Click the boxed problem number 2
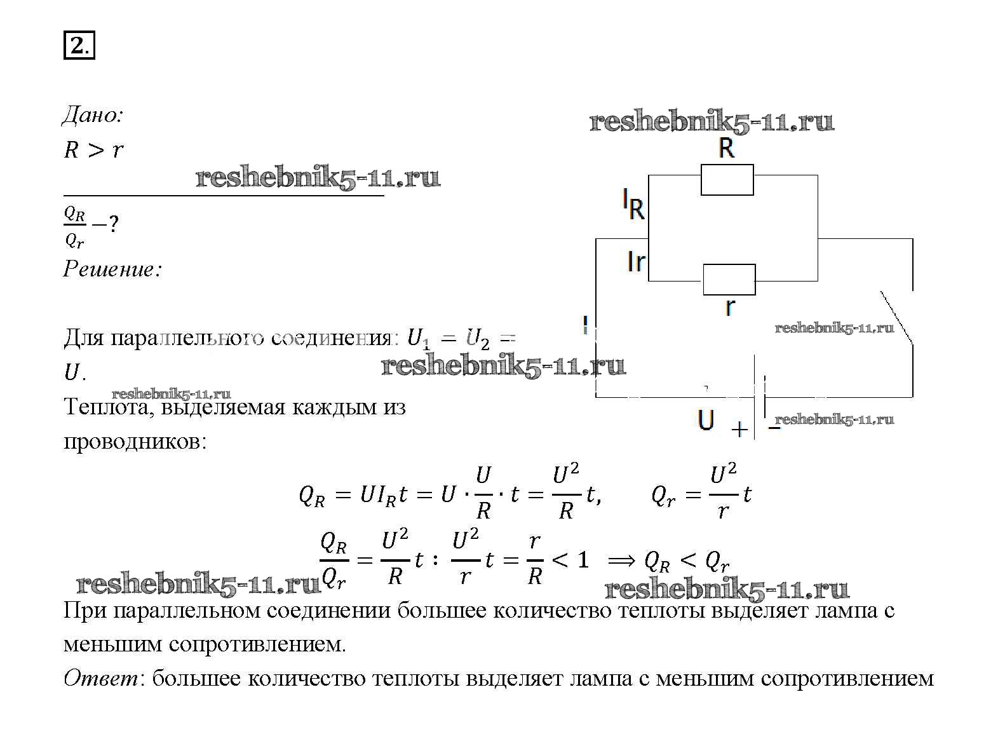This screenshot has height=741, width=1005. coord(79,46)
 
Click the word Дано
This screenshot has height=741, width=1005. coord(92,115)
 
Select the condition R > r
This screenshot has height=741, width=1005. coord(93,150)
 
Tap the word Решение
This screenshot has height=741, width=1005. coord(112,269)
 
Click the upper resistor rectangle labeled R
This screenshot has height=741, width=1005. coord(727,180)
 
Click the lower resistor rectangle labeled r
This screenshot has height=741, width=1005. coord(729,280)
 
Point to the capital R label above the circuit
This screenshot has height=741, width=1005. coord(726,148)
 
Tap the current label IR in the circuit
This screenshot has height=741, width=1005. coord(633,205)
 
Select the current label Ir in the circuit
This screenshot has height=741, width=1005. coord(636,261)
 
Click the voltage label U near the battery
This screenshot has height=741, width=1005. coord(706,420)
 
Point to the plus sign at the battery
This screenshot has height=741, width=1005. coord(739,430)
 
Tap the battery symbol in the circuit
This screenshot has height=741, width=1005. coord(759,407)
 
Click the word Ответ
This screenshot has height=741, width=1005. coord(100,679)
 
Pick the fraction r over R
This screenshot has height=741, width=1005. coord(535,559)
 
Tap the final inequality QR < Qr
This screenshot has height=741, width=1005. coord(686,561)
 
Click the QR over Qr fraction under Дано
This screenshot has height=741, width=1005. coord(74,227)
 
